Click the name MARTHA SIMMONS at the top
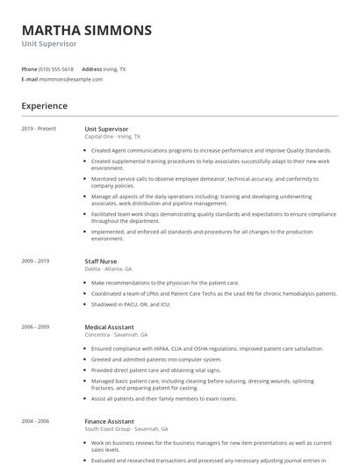click(86, 30)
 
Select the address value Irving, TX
click(115, 68)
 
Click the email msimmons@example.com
click(71, 79)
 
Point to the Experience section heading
click(45, 106)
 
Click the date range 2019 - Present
click(39, 129)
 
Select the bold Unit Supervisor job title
click(106, 129)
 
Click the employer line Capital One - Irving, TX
click(112, 137)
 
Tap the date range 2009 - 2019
click(36, 261)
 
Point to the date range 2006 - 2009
click(36, 326)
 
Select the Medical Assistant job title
click(110, 326)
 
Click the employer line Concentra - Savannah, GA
click(116, 334)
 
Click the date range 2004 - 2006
click(36, 420)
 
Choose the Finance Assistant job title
click(109, 420)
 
